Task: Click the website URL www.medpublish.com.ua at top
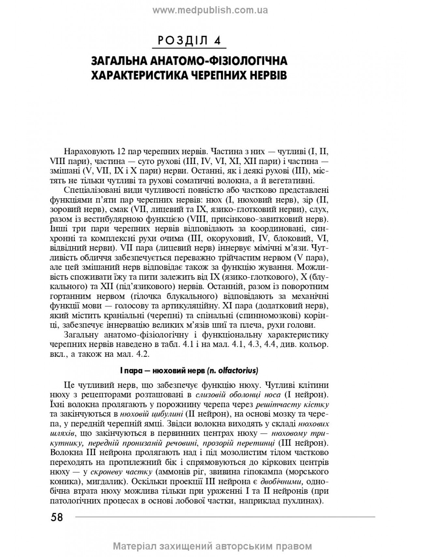(x=210, y=10)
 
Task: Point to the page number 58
(x=57, y=517)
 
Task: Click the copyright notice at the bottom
(x=212, y=546)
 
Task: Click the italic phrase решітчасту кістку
(x=292, y=405)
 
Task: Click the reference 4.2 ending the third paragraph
(x=142, y=355)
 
